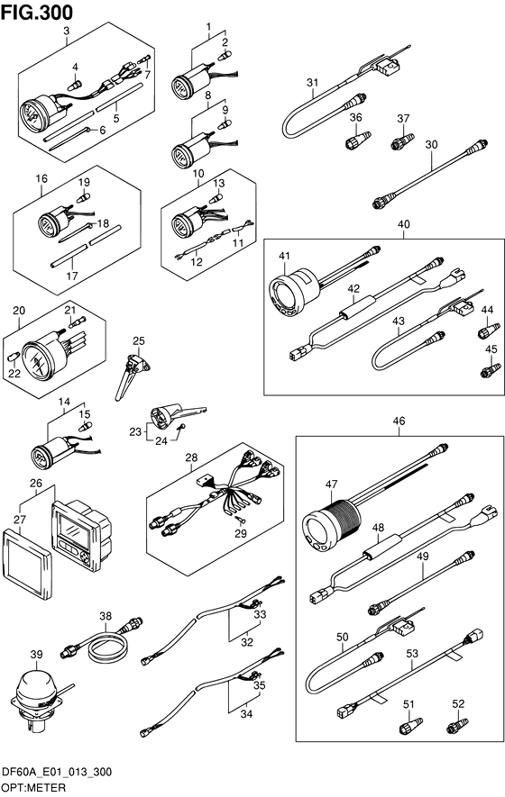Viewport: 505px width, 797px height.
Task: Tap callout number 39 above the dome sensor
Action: tap(36, 654)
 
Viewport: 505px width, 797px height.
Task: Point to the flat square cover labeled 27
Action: tap(26, 561)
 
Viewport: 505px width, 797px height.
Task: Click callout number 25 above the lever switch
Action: tap(139, 340)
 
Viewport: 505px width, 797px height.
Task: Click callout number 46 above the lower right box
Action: tap(399, 421)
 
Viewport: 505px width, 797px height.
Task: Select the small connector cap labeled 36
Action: tap(358, 139)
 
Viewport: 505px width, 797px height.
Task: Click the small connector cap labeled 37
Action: tap(403, 140)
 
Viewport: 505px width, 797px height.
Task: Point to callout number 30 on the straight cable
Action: tap(431, 144)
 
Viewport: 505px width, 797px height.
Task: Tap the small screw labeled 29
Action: tap(240, 519)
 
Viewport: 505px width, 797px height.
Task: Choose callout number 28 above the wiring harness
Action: tap(191, 457)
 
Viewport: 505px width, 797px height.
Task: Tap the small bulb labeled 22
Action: tap(14, 356)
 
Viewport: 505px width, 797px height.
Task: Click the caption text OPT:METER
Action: tap(33, 788)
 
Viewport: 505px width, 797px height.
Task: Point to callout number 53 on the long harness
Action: tap(412, 653)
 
